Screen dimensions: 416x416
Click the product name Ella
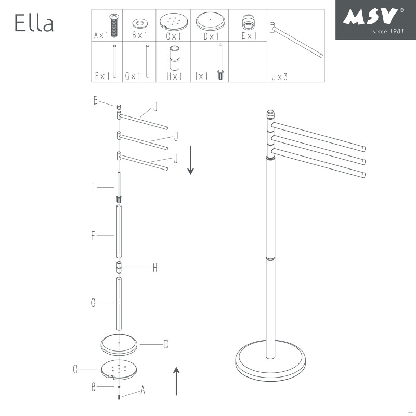pos(34,23)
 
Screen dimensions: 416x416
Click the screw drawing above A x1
pos(113,23)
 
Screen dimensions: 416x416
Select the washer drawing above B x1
pos(139,23)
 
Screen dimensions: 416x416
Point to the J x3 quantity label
pos(279,76)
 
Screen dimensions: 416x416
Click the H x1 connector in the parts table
pos(173,59)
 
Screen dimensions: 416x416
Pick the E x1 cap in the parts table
pos(248,22)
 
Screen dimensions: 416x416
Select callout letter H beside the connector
pos(154,268)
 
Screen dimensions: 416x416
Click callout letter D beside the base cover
pos(166,344)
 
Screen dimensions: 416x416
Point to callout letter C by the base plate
pos(75,370)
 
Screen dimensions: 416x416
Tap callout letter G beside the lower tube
pos(93,303)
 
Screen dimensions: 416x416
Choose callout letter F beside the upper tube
pos(93,236)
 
